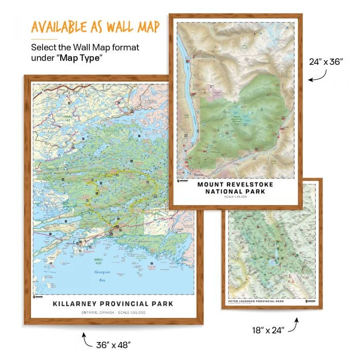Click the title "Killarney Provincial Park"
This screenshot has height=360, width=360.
coord(113,303)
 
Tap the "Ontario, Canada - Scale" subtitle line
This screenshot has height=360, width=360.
coord(113,312)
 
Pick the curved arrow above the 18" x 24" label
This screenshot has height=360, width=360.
coord(293,324)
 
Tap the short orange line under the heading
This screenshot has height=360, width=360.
coord(43,39)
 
